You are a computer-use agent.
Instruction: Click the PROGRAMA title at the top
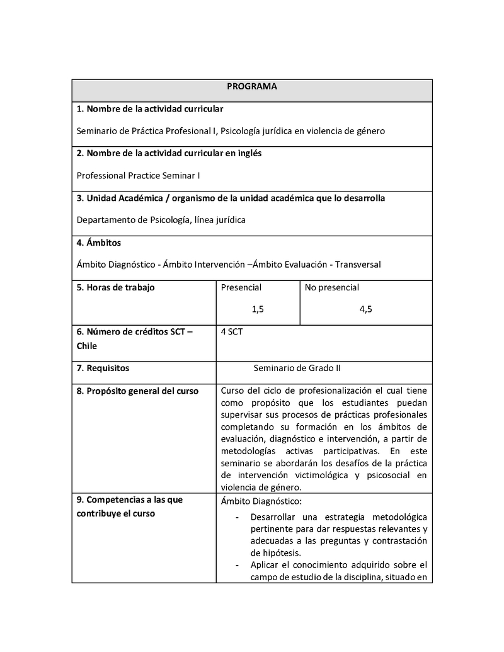tap(252, 87)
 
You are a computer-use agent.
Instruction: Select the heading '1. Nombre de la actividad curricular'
tap(149, 109)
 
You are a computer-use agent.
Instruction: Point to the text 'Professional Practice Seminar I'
tap(138, 176)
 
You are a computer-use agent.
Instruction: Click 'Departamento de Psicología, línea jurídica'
tap(161, 220)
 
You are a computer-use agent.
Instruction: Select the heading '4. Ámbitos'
tap(99, 243)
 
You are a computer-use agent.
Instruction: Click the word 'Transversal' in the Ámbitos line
tap(358, 265)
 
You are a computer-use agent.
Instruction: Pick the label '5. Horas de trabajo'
tap(115, 287)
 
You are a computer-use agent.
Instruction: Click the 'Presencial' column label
tap(241, 287)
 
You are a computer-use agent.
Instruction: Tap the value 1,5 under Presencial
tap(258, 309)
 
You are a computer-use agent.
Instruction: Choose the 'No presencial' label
tap(332, 287)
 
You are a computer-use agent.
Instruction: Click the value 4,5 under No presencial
tap(366, 309)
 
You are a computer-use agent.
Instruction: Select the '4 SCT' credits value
tap(232, 331)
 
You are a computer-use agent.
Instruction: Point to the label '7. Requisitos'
tap(103, 368)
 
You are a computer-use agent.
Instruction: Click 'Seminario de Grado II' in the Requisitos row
tap(297, 368)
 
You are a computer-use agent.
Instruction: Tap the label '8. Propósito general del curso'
tap(137, 391)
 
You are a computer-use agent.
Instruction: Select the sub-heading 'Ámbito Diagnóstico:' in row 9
tap(262, 501)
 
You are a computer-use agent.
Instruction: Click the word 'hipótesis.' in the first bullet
tap(270, 552)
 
